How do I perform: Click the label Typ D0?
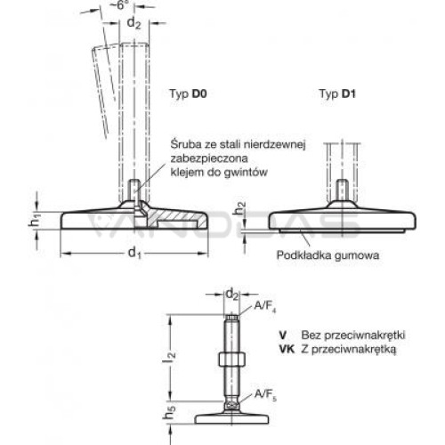[x=188, y=94]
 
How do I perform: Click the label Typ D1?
[x=337, y=94]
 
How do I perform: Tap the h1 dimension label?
[x=35, y=222]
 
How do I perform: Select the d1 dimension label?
[x=134, y=254]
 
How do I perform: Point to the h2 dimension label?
[x=239, y=208]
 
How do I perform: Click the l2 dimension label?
[x=172, y=357]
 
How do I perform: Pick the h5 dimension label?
[x=169, y=411]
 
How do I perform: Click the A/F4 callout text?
[x=265, y=306]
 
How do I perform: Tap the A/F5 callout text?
[x=265, y=395]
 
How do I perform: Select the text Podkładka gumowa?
[x=328, y=255]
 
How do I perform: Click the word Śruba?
[x=185, y=144]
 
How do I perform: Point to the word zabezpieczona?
[x=209, y=158]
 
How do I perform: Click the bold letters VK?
[x=287, y=349]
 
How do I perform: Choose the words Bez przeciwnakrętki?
[x=353, y=336]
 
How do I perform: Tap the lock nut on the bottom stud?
[x=231, y=360]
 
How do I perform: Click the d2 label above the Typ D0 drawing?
[x=133, y=23]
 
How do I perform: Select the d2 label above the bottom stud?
[x=232, y=295]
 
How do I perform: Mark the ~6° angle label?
[x=120, y=4]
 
